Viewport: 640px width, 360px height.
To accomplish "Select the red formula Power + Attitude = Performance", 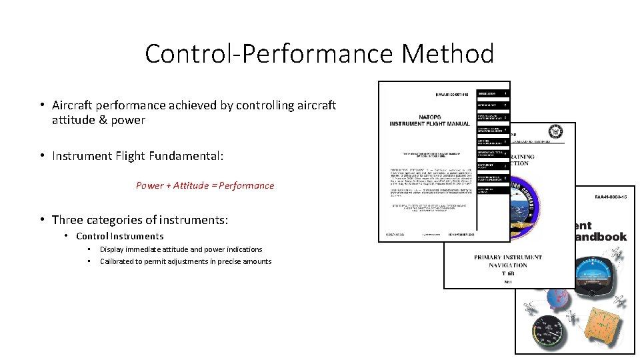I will coord(205,185).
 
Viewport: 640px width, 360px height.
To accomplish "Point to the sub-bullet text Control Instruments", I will coord(119,236).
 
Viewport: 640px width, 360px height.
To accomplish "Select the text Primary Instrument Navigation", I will coord(508,261).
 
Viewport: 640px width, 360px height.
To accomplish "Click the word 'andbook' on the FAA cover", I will coord(601,237).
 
